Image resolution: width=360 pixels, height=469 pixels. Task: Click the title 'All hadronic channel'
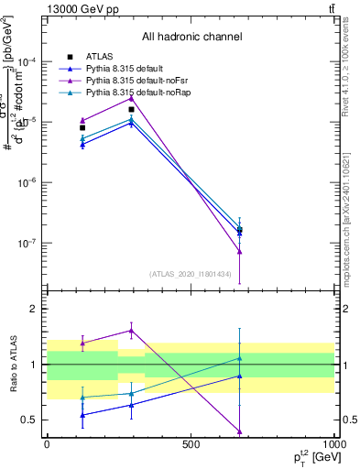click(191, 37)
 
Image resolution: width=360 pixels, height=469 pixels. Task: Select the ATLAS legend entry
click(99, 57)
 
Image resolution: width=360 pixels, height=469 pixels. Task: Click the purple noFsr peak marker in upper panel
click(132, 98)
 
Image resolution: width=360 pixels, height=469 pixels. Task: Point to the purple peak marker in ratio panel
click(132, 331)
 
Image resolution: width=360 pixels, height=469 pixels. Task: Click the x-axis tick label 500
click(191, 444)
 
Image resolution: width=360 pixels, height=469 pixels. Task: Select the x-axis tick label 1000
click(333, 444)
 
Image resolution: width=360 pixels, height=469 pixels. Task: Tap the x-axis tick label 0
click(48, 444)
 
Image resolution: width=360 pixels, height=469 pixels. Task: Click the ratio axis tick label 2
click(33, 309)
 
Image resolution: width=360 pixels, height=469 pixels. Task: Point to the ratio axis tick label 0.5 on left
click(29, 420)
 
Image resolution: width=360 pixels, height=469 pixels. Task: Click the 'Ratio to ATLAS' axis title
click(13, 364)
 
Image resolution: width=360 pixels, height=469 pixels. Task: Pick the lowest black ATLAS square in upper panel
click(240, 230)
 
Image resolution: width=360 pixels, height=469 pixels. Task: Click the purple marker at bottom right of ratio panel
click(240, 431)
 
